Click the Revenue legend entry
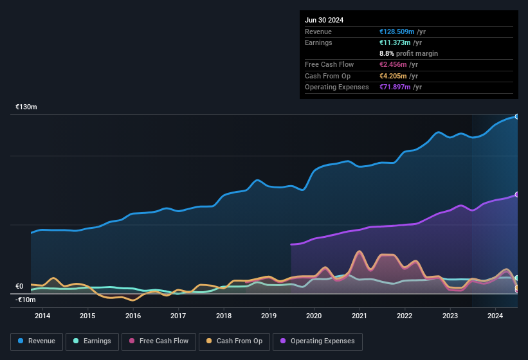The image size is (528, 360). click(x=37, y=341)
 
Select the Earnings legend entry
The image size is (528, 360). click(x=92, y=341)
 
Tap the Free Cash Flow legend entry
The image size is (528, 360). click(x=159, y=341)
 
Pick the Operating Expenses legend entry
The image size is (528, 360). click(x=318, y=341)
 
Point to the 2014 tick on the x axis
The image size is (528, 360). click(x=42, y=316)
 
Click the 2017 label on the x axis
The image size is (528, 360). click(x=178, y=316)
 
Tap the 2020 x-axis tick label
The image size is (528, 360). click(x=314, y=316)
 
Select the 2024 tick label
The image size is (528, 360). click(x=495, y=316)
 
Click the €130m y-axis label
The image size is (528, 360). click(x=26, y=107)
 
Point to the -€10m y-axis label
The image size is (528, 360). click(x=26, y=300)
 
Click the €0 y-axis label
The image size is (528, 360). click(x=19, y=287)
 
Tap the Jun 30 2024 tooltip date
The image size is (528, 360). click(x=324, y=20)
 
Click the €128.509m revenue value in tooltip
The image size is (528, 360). click(x=397, y=32)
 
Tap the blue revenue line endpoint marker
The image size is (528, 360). click(x=516, y=116)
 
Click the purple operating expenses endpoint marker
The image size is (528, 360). click(x=516, y=194)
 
